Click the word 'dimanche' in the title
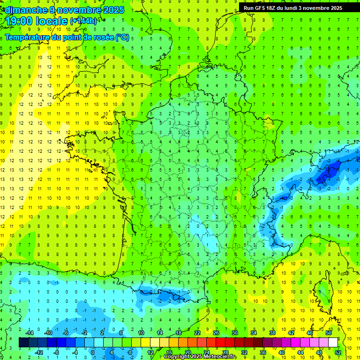(x=24, y=10)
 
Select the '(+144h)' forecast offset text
(x=83, y=21)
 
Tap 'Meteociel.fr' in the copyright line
(x=220, y=357)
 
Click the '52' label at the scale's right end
(x=337, y=352)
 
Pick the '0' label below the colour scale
(x=93, y=352)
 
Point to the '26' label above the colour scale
(x=216, y=333)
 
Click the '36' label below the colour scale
(x=263, y=352)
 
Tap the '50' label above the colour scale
(x=329, y=333)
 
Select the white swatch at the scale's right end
(x=333, y=343)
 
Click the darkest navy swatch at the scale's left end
(x=23, y=343)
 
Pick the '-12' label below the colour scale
(x=39, y=352)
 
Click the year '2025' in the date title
(x=113, y=10)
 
